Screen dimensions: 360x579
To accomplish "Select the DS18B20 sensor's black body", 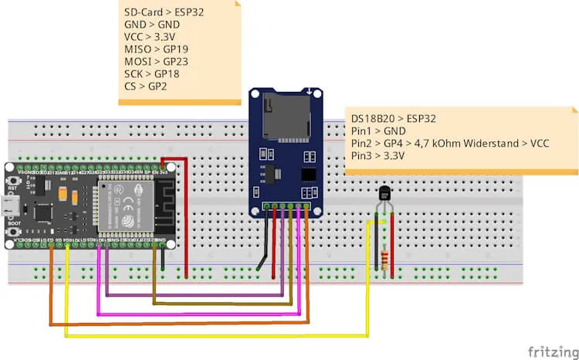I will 384,194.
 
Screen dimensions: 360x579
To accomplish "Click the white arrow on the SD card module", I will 310,93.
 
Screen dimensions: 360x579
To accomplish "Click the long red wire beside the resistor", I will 394,247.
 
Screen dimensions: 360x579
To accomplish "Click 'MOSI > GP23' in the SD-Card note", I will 156,61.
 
